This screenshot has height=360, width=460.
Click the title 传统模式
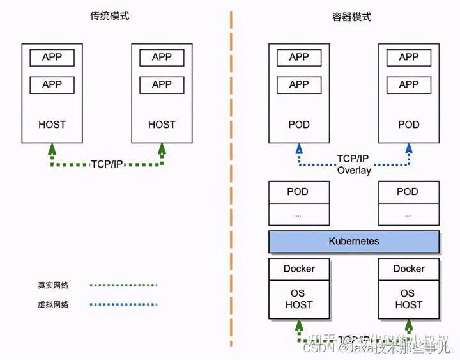[x=109, y=16]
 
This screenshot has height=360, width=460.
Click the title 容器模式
[x=351, y=17]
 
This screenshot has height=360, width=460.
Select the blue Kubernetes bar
[x=354, y=242]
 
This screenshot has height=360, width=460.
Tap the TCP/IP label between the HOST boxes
[x=107, y=164]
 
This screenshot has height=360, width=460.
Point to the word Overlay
[x=354, y=170]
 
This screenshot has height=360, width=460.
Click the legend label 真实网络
[x=53, y=286]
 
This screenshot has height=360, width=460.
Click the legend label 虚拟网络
[x=53, y=304]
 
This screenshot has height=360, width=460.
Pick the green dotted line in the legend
[x=123, y=286]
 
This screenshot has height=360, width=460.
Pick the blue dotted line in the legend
[x=123, y=304]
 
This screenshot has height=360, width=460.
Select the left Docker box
[x=299, y=269]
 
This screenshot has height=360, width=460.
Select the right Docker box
[x=409, y=269]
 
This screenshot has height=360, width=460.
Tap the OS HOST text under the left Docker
[x=299, y=299]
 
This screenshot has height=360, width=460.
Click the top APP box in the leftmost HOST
[x=52, y=57]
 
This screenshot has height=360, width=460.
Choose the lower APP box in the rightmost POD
[x=409, y=84]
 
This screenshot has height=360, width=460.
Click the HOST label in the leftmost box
[x=52, y=125]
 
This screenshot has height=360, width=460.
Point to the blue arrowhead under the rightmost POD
[x=409, y=148]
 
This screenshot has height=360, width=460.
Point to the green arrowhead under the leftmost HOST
[x=52, y=148]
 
